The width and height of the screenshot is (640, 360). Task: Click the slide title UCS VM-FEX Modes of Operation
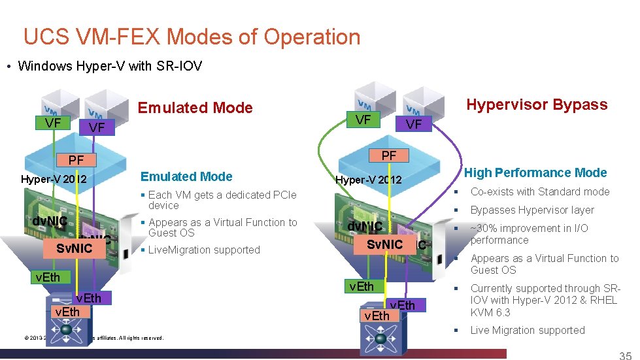click(x=192, y=37)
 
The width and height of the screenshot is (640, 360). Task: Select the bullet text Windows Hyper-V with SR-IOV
click(x=110, y=66)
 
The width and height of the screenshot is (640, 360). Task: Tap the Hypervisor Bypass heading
click(x=536, y=105)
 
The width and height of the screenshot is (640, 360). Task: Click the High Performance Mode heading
click(x=535, y=173)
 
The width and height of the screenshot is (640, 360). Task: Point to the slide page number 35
click(x=625, y=355)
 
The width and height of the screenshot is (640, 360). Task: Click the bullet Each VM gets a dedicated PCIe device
click(x=222, y=200)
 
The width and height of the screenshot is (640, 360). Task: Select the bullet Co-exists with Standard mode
click(x=539, y=192)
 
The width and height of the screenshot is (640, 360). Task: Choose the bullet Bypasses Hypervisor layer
click(x=532, y=210)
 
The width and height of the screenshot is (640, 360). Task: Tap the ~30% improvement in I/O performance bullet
click(x=529, y=234)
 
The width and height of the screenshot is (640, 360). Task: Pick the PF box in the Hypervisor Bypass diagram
click(x=389, y=155)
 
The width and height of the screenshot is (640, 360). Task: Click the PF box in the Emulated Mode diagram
click(x=76, y=159)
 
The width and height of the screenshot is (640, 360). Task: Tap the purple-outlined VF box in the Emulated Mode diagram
click(x=96, y=127)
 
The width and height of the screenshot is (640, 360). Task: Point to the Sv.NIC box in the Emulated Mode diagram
click(x=74, y=249)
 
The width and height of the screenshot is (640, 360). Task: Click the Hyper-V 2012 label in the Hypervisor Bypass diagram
click(x=368, y=180)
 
